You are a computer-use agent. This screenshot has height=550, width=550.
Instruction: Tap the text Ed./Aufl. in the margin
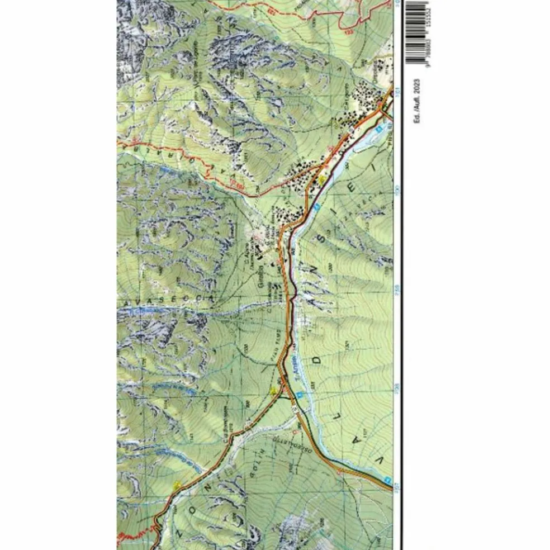tap(416, 110)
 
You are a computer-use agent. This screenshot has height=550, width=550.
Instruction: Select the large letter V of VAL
tap(381, 462)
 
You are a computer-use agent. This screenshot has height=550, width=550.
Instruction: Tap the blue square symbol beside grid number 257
tap(387, 480)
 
